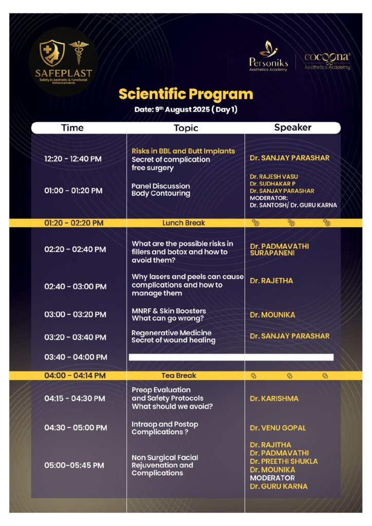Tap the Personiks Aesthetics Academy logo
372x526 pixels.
pyautogui.click(x=269, y=57)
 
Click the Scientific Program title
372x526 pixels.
pyautogui.click(x=185, y=94)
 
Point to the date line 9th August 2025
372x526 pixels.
pyautogui.click(x=185, y=109)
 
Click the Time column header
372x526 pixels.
pyautogui.click(x=72, y=128)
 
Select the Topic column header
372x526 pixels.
pyautogui.click(x=185, y=128)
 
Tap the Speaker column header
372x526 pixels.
pyautogui.click(x=292, y=127)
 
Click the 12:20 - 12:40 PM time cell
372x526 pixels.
pyautogui.click(x=73, y=159)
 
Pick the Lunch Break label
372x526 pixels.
pyautogui.click(x=183, y=223)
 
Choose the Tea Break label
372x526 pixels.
pyautogui.click(x=179, y=375)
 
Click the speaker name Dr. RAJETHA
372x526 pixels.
pyautogui.click(x=272, y=281)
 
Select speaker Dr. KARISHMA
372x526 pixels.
pyautogui.click(x=274, y=399)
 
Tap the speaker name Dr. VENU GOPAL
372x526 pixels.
pyautogui.click(x=277, y=428)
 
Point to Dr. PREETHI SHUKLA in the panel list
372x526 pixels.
pyautogui.click(x=284, y=461)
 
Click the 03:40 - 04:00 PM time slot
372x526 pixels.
pyautogui.click(x=76, y=357)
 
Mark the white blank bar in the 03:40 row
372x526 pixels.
pyautogui.click(x=231, y=357)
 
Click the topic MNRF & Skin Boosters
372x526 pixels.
pyautogui.click(x=169, y=311)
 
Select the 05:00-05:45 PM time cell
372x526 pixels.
pyautogui.click(x=74, y=465)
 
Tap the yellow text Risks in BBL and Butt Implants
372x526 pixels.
pyautogui.click(x=183, y=151)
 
